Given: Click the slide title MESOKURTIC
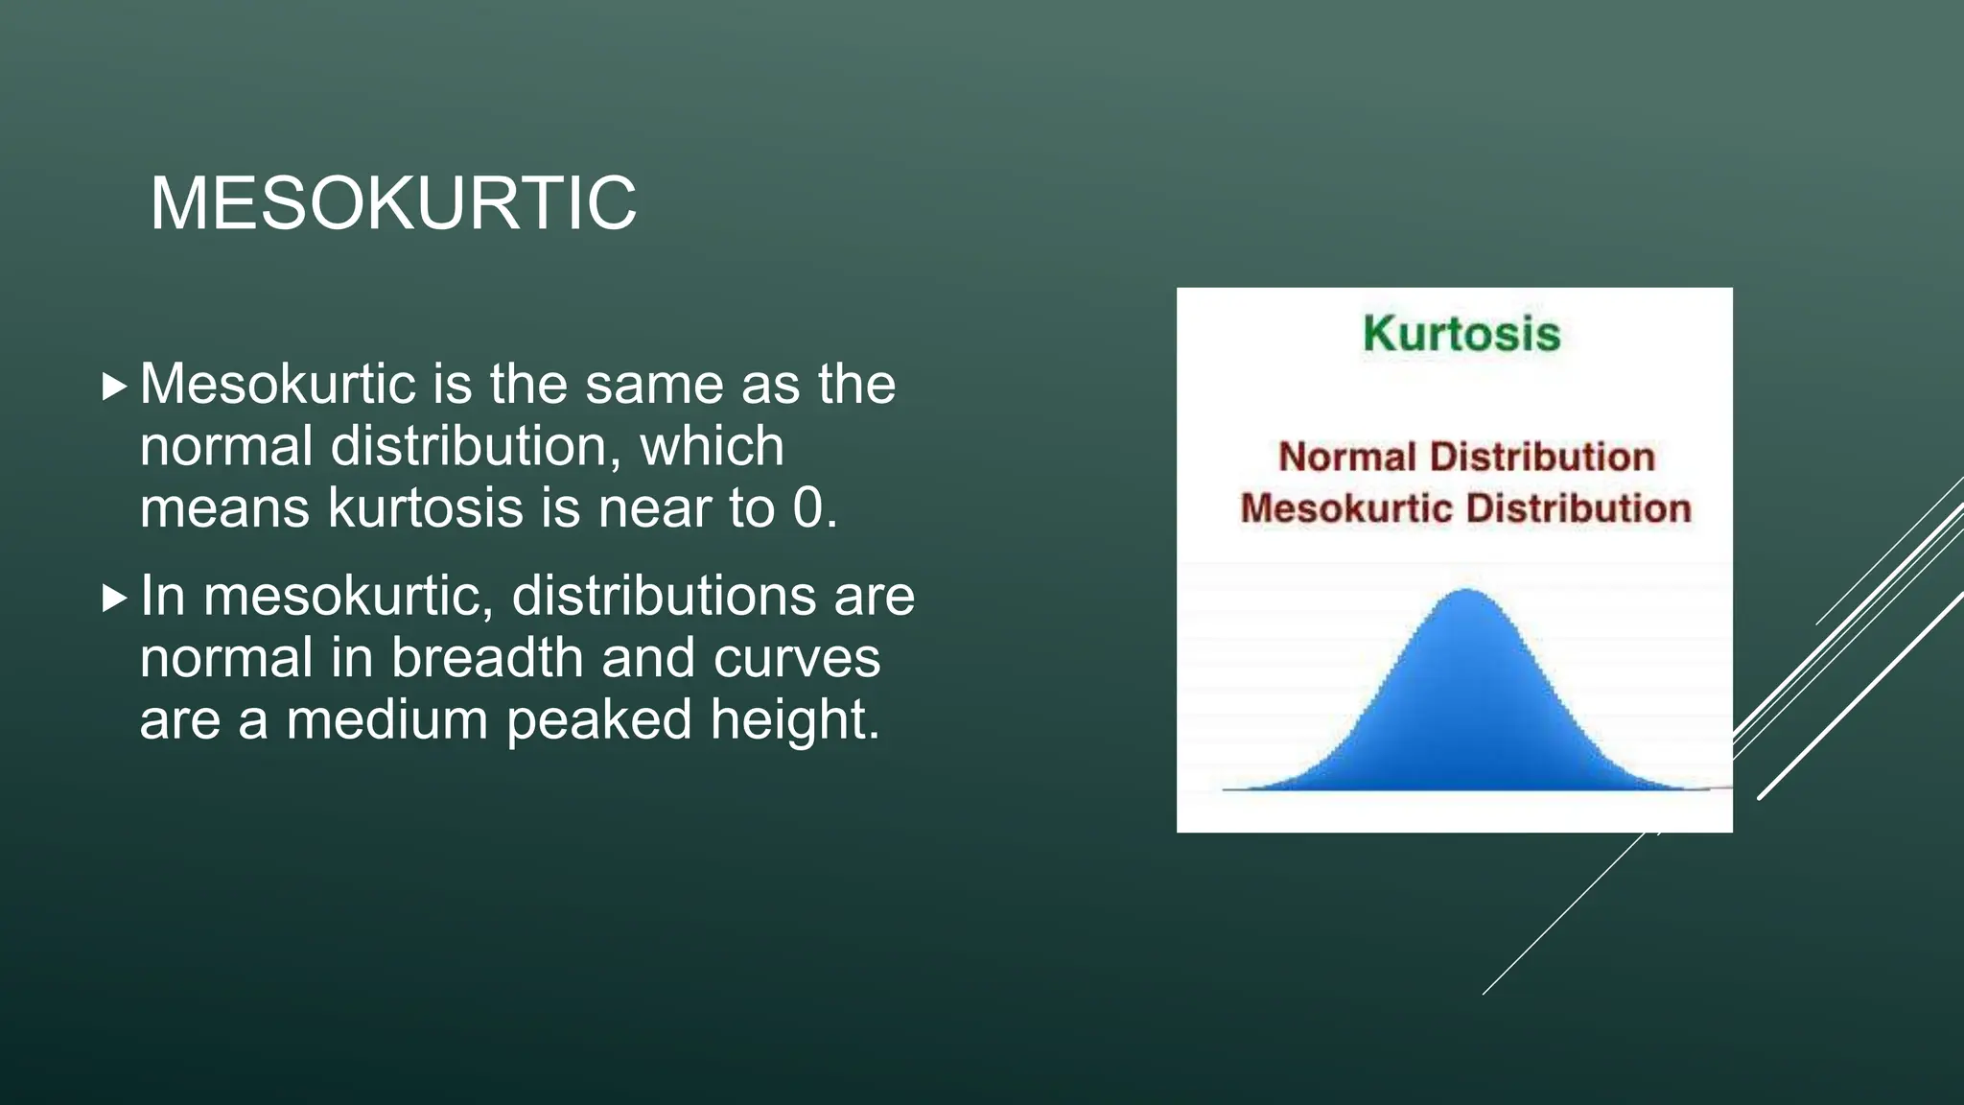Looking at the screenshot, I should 393,203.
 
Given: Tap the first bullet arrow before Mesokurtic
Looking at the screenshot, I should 114,388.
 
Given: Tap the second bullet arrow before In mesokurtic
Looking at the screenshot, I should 114,600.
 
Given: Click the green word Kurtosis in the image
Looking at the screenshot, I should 1461,334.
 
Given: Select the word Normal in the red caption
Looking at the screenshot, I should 1347,457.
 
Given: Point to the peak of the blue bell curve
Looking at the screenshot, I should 1466,593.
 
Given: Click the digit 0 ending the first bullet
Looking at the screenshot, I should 807,507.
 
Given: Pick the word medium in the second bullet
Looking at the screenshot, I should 387,719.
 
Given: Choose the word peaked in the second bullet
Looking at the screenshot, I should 598,721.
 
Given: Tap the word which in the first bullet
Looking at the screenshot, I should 712,446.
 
